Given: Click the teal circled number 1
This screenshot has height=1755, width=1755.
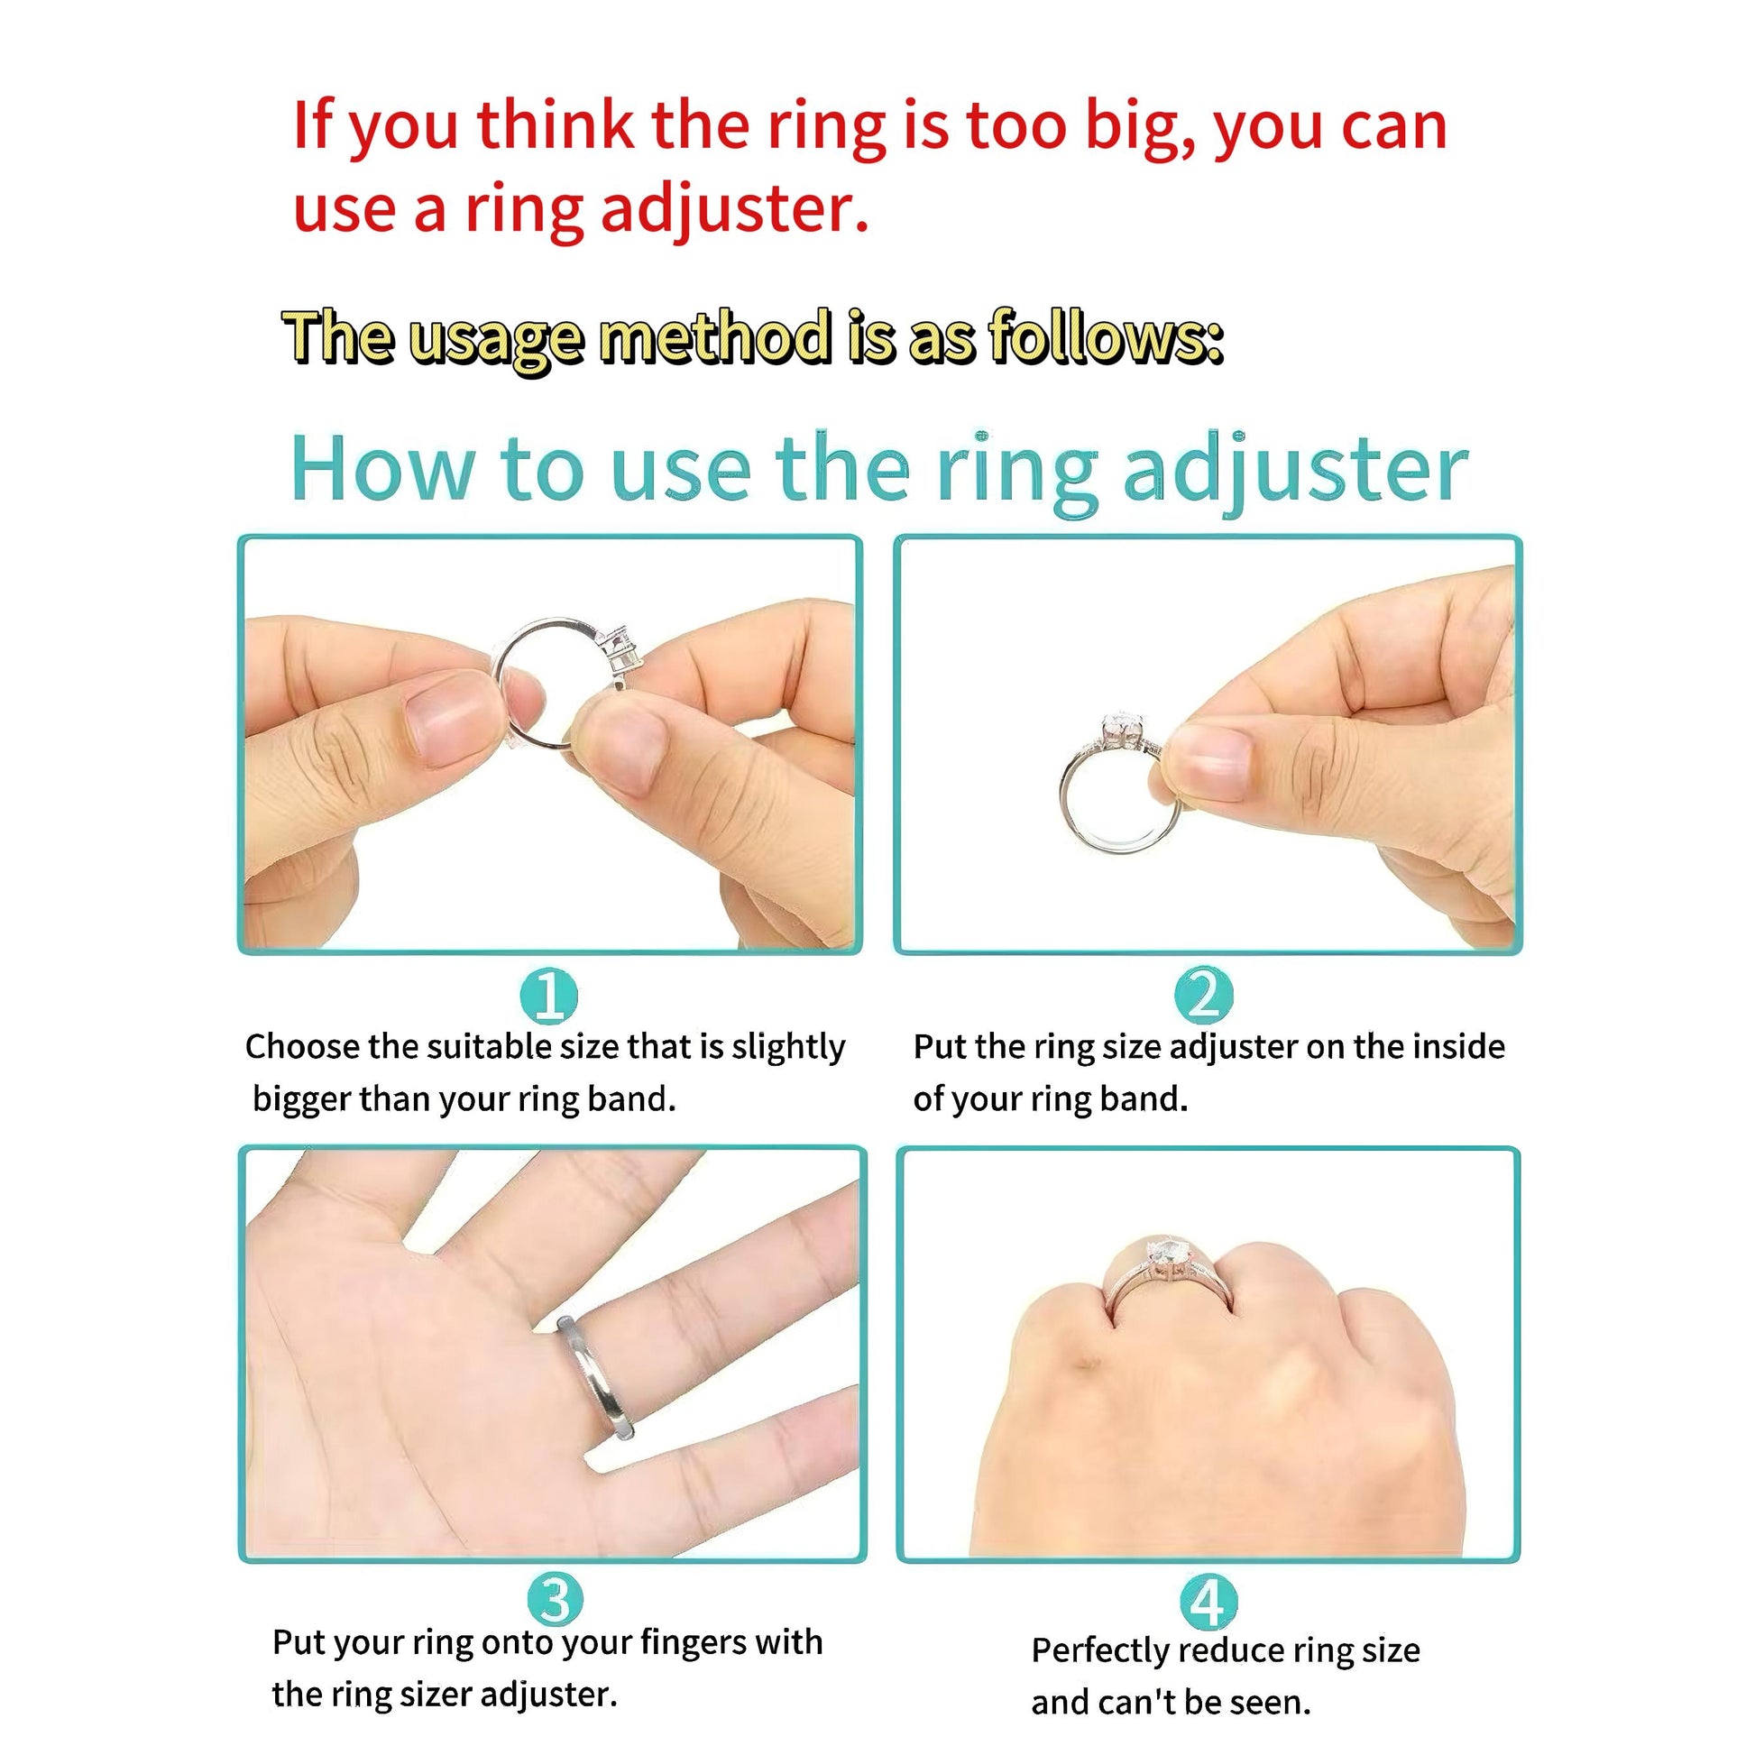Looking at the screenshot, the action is (548, 996).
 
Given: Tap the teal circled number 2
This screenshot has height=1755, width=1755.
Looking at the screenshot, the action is (1204, 996).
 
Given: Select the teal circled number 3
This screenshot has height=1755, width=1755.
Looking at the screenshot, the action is (556, 1600).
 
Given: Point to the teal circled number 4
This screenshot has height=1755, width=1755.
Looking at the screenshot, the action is (1208, 1603).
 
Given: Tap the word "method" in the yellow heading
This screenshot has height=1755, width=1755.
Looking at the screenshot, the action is (717, 336).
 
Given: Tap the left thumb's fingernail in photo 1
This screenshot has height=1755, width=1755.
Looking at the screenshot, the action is (452, 715).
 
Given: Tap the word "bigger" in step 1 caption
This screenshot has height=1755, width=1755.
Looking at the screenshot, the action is (300, 1100).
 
